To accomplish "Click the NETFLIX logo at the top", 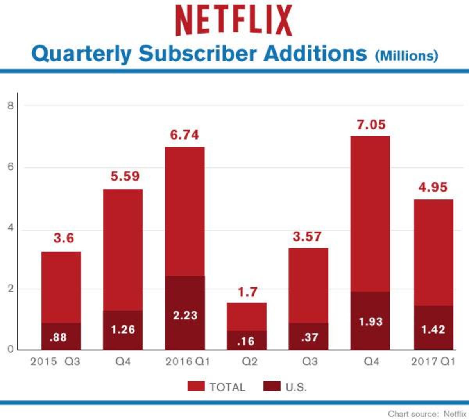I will tap(234, 20).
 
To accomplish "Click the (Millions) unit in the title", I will tap(406, 55).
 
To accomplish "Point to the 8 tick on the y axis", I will tap(11, 106).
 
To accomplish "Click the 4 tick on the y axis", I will tap(11, 228).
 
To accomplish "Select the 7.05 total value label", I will tap(371, 125).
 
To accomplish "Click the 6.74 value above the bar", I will tap(184, 135).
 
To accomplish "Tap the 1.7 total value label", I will tap(247, 292).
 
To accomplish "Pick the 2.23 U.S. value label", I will tap(185, 315).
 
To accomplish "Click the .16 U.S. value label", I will tap(246, 341).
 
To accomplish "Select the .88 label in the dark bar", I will tap(58, 337).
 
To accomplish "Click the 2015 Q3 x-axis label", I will tap(55, 361).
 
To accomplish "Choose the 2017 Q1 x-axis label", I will tap(433, 361).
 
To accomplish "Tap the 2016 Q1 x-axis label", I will tap(188, 361).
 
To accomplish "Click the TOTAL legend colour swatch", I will tap(196, 386).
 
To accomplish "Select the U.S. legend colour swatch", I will tap(272, 386).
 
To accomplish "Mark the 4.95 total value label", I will tap(433, 187).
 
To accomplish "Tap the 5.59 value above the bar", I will tap(125, 176).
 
